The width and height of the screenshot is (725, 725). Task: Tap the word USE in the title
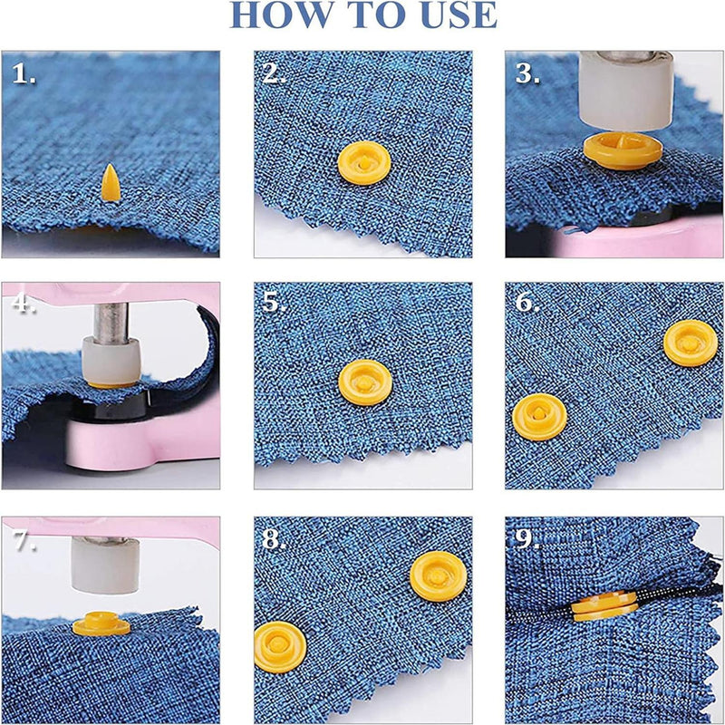pyautogui.click(x=459, y=14)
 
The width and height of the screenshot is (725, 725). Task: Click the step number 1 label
pyautogui.click(x=24, y=73)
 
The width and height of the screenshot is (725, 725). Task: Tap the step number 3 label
pyautogui.click(x=527, y=73)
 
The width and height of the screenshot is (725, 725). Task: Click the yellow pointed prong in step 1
pyautogui.click(x=111, y=183)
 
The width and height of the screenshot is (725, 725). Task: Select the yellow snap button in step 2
pyautogui.click(x=364, y=163)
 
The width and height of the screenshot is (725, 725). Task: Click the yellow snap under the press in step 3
pyautogui.click(x=623, y=150)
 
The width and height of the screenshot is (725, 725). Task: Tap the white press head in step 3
pyautogui.click(x=626, y=92)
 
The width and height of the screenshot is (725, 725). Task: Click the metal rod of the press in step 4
pyautogui.click(x=111, y=323)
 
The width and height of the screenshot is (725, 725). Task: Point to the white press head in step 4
pyautogui.click(x=111, y=361)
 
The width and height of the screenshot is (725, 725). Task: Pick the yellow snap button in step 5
pyautogui.click(x=365, y=382)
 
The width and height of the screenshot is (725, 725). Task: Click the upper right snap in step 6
pyautogui.click(x=691, y=343)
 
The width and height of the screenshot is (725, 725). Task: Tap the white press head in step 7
pyautogui.click(x=105, y=565)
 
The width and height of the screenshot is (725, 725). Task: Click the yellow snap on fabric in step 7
pyautogui.click(x=101, y=623)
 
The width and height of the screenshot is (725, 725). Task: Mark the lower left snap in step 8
pyautogui.click(x=280, y=647)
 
